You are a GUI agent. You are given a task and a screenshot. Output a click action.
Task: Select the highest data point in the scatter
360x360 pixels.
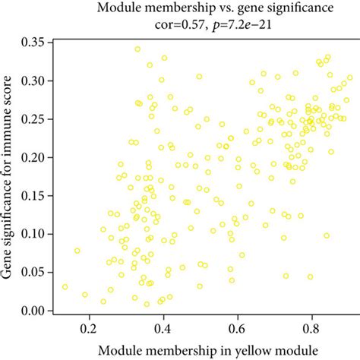pyautogui.click(x=137, y=49)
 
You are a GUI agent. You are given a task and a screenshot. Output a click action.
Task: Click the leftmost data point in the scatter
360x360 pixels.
pyautogui.click(x=65, y=287)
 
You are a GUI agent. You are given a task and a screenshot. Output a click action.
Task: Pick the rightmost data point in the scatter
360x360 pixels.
pyautogui.click(x=349, y=77)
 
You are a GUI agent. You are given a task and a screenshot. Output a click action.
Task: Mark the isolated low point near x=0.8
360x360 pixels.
pyautogui.click(x=310, y=276)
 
